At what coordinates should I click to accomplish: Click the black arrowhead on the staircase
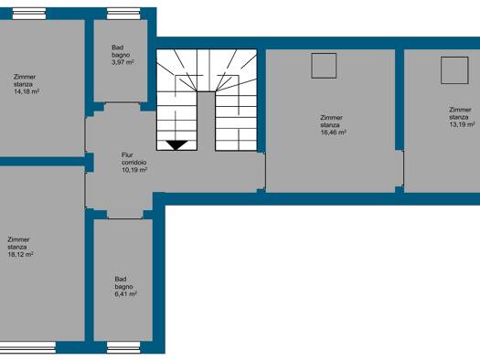(176, 145)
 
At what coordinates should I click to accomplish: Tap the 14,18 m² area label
(27, 91)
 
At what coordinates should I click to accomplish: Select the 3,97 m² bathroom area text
(123, 62)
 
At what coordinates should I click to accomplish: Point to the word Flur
(127, 155)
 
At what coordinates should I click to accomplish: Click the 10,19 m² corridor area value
(134, 170)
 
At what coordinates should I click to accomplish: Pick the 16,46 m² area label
(333, 132)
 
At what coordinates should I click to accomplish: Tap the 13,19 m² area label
(463, 124)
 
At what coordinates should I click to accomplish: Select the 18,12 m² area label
(20, 255)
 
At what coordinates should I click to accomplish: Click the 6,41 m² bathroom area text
(125, 294)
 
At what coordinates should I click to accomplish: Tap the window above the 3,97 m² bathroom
(123, 14)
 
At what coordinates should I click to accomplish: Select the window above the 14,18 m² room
(28, 14)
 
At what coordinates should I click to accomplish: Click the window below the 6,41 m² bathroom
(123, 347)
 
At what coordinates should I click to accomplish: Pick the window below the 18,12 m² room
(27, 347)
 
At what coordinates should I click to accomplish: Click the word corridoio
(133, 163)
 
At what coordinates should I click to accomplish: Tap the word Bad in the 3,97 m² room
(118, 48)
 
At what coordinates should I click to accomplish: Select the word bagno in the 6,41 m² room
(123, 287)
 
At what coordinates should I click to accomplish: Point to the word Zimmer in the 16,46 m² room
(331, 118)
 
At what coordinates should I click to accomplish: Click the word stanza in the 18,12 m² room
(16, 247)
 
